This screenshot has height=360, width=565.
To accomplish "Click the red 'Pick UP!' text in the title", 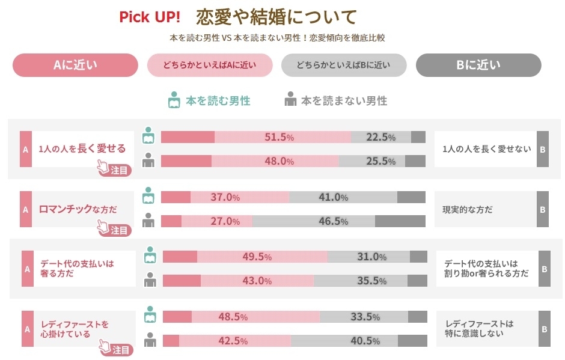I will pyautogui.click(x=150, y=17).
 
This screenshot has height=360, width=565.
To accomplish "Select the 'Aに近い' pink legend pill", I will pyautogui.click(x=75, y=65).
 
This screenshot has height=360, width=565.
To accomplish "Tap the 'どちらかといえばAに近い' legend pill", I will pyautogui.click(x=210, y=65).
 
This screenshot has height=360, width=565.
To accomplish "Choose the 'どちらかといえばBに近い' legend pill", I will pyautogui.click(x=344, y=65).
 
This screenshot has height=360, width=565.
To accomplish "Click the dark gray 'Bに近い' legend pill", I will pyautogui.click(x=478, y=65).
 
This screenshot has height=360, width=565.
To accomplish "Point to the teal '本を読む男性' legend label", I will pyautogui.click(x=218, y=101).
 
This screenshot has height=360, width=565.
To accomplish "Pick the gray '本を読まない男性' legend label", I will pyautogui.click(x=344, y=101).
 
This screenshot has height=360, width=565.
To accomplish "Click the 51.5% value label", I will pyautogui.click(x=279, y=137).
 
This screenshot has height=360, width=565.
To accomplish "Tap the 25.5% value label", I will pyautogui.click(x=380, y=161).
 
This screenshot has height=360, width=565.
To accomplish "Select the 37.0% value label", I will pyautogui.click(x=225, y=197).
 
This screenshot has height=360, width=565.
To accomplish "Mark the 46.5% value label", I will pyautogui.click(x=333, y=221).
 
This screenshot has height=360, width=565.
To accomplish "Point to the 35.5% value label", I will pyautogui.click(x=371, y=281).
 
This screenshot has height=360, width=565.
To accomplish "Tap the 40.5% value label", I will pyautogui.click(x=365, y=341).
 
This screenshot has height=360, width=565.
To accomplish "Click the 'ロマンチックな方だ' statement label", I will pyautogui.click(x=78, y=209).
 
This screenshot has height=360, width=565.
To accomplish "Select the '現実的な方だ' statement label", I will pyautogui.click(x=467, y=209).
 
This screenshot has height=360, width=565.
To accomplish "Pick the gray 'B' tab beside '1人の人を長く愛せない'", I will pyautogui.click(x=542, y=148).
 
